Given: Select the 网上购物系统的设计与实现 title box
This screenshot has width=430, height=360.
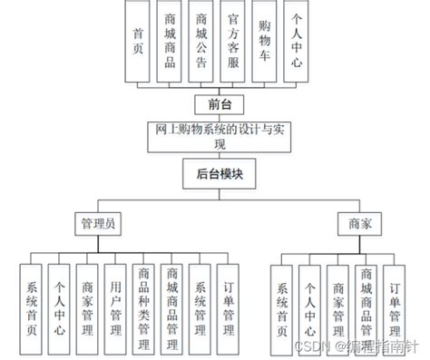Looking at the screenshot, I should click(x=215, y=137).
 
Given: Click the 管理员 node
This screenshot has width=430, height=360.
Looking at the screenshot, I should click(x=97, y=221).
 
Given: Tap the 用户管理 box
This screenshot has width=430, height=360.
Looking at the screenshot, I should click(x=113, y=303).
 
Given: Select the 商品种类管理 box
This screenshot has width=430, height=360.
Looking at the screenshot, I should click(x=142, y=303).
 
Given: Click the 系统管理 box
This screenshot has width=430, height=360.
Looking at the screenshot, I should click(x=200, y=303).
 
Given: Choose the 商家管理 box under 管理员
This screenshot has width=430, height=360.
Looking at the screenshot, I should click(x=85, y=303).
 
